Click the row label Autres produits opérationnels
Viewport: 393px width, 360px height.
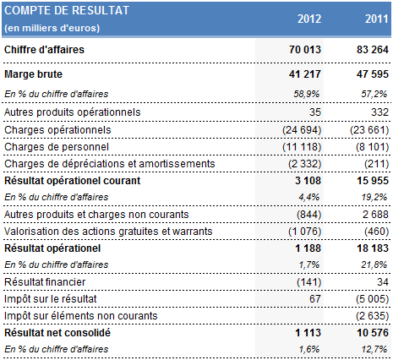(72, 112)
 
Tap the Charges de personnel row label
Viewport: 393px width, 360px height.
(57, 146)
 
